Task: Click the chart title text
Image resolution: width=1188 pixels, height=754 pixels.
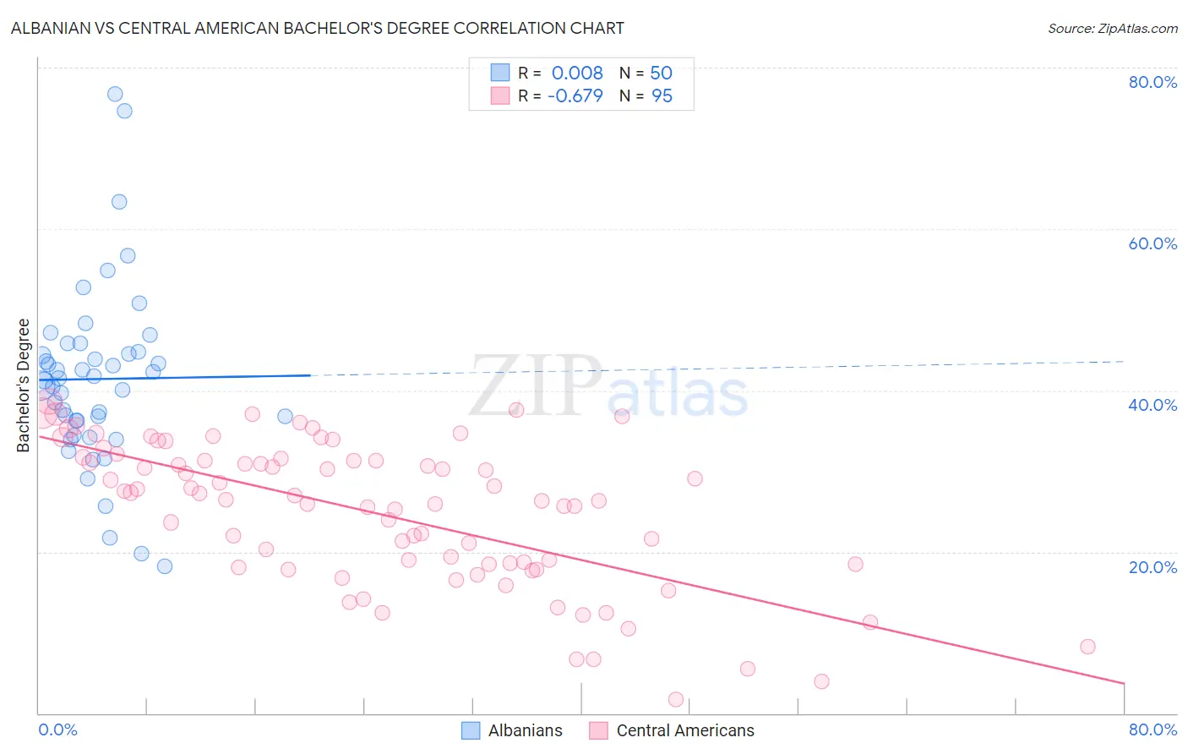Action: [317, 28]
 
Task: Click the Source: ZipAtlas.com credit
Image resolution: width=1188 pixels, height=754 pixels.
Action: [1112, 28]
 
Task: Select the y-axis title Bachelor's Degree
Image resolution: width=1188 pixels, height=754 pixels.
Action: [24, 385]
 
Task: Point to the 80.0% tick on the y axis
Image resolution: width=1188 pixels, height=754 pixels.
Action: [1153, 82]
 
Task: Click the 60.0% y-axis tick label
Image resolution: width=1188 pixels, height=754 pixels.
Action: [1153, 243]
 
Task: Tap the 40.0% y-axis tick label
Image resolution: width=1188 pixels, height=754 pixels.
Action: [1153, 405]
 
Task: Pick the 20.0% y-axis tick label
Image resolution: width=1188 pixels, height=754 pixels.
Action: [1153, 566]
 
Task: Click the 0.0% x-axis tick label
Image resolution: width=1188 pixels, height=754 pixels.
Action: [57, 729]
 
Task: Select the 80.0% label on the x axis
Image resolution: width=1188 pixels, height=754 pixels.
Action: [1153, 729]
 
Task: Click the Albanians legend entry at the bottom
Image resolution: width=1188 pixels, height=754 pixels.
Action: [512, 730]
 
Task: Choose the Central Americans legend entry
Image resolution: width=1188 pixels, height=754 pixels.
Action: [672, 730]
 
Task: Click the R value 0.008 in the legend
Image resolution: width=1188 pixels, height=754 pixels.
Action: [577, 73]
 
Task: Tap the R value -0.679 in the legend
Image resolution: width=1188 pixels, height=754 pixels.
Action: [575, 96]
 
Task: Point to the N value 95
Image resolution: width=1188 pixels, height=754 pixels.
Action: [662, 96]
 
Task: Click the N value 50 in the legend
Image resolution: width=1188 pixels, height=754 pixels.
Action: [661, 73]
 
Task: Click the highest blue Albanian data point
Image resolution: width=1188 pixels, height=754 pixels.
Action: [115, 94]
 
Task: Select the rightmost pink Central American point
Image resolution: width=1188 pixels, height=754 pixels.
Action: [1087, 647]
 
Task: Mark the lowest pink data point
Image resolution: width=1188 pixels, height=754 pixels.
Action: [676, 699]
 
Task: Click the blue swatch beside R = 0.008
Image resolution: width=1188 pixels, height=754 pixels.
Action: [500, 73]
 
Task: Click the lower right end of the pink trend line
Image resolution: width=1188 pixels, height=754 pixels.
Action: [1124, 683]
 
